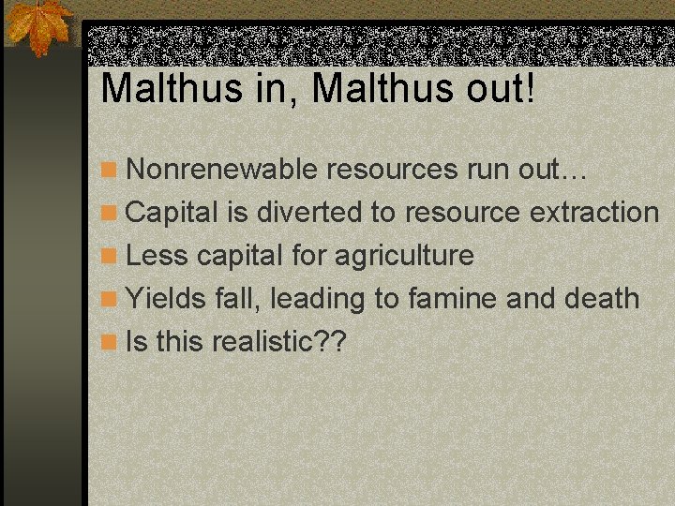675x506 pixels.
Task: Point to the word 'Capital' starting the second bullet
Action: [x=173, y=213]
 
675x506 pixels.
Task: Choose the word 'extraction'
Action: [x=594, y=213]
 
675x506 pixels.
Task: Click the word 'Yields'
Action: [x=169, y=299]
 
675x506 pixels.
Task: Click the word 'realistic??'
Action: [x=279, y=342]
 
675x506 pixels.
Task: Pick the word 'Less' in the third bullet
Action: [x=157, y=256]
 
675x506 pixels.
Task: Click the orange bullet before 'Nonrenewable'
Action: [x=110, y=171]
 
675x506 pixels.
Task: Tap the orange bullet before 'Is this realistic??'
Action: [x=110, y=343]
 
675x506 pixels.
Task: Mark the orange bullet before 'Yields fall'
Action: [x=110, y=300]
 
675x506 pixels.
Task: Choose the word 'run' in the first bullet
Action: [x=487, y=170]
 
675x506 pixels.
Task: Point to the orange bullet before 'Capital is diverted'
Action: [x=110, y=214]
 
